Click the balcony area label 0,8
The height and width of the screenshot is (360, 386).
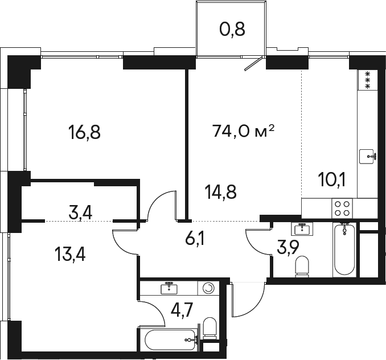click(x=232, y=30)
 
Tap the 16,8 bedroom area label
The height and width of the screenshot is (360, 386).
click(x=85, y=132)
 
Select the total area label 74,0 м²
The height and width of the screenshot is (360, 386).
click(x=244, y=131)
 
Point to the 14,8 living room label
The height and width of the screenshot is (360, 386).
click(x=220, y=192)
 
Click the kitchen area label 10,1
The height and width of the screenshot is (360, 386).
click(x=332, y=180)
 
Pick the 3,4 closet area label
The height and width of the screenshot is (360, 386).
click(x=80, y=213)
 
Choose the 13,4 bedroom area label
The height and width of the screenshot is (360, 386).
click(x=70, y=255)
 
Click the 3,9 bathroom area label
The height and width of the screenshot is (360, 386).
click(x=288, y=247)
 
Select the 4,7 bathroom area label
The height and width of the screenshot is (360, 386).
click(x=182, y=310)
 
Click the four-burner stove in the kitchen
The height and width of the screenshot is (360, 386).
click(x=342, y=208)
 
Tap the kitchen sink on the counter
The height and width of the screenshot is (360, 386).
click(x=368, y=157)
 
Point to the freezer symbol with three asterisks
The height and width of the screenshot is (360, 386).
click(x=368, y=80)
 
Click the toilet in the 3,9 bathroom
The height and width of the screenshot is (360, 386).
click(x=302, y=267)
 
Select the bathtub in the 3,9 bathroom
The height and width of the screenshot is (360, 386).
click(x=344, y=249)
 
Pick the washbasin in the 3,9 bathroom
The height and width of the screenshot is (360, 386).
click(x=302, y=228)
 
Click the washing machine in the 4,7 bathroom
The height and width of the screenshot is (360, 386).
click(x=208, y=288)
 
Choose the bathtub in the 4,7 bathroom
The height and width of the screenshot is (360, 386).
click(x=170, y=340)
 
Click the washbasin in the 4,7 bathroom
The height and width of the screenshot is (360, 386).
click(x=169, y=288)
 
